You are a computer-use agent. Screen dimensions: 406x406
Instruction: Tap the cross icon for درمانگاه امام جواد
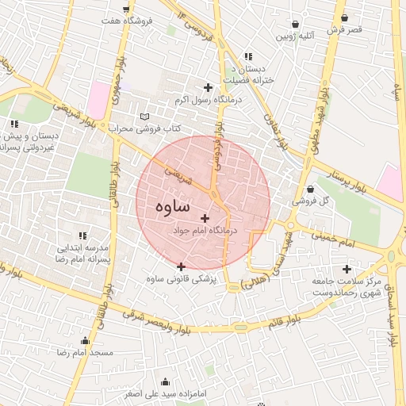tap(205, 218)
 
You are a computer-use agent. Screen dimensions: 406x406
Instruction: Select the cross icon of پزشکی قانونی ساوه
tap(182, 266)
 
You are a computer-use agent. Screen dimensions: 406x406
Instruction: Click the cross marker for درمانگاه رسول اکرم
tap(209, 87)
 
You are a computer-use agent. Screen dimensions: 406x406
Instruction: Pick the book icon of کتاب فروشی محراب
tap(144, 116)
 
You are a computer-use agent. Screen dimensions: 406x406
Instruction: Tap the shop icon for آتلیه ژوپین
tap(296, 24)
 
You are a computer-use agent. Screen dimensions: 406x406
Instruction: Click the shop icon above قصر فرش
tap(344, 17)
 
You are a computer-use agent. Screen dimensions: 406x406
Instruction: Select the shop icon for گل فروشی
tap(309, 190)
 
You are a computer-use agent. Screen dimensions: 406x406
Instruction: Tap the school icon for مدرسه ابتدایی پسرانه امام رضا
tap(82, 235)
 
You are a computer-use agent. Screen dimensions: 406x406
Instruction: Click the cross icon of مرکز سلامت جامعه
tap(347, 269)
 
